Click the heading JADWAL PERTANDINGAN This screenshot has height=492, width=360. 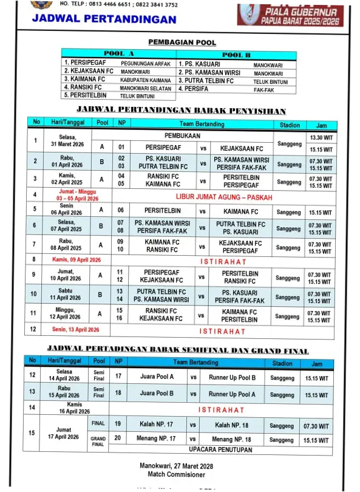click(104, 19)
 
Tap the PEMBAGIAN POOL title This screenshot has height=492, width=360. click(182, 43)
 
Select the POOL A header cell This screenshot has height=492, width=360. click(119, 54)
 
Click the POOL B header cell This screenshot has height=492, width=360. click(237, 55)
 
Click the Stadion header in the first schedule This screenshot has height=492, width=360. click(290, 124)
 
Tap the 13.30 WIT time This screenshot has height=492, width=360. click(320, 138)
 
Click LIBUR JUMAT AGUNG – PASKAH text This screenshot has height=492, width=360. click(224, 197)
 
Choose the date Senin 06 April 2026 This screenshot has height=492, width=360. click(67, 210)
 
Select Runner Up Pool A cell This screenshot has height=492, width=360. click(232, 394)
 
